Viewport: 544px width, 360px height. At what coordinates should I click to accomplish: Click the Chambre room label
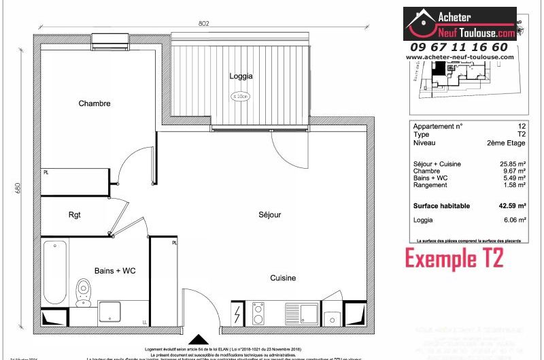point(94,103)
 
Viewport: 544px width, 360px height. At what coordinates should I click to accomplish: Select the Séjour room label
point(269,215)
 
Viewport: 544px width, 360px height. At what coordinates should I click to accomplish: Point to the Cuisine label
point(283,278)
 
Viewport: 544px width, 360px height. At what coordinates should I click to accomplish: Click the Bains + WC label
point(116,271)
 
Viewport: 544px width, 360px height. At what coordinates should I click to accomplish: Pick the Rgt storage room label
point(75,215)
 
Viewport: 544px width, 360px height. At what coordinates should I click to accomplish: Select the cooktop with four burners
point(259,314)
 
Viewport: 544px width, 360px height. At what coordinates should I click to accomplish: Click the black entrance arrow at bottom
point(198,340)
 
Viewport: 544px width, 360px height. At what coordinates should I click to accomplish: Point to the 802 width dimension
point(204,23)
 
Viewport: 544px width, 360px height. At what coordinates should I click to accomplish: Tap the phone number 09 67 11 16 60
point(458,47)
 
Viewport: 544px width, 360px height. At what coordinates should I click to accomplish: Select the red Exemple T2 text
point(454,259)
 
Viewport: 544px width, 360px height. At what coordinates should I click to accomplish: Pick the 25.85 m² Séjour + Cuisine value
point(513,164)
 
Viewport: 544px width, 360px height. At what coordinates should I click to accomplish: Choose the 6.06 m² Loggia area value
point(515,220)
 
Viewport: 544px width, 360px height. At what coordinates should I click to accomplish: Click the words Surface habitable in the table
point(441,206)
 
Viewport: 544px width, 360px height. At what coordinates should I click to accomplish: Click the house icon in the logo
point(421,22)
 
